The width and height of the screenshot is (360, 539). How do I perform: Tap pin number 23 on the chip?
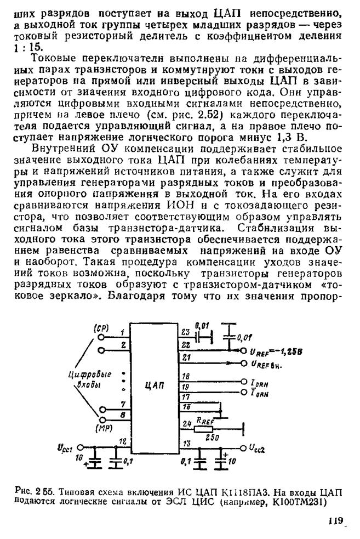pos(185,332)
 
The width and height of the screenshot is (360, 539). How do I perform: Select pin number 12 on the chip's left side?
pos(123,441)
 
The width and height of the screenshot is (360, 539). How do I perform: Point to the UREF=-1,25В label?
pos(268,351)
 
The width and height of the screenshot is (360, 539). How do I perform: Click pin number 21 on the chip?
pos(186,358)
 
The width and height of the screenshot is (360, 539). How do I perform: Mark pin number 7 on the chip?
pos(124,404)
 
